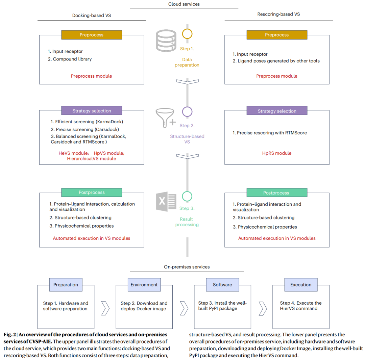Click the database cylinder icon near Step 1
click(166, 41)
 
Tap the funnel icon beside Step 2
click(165, 118)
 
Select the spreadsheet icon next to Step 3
click(166, 201)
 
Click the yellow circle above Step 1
click(187, 34)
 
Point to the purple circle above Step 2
click(187, 112)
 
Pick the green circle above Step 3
click(187, 196)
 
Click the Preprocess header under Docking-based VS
click(92, 35)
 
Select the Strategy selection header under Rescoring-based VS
click(277, 111)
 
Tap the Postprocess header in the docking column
click(92, 192)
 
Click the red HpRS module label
click(277, 153)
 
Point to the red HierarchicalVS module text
click(92, 159)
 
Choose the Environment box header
click(144, 285)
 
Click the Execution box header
click(301, 285)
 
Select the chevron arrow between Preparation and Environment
click(105, 308)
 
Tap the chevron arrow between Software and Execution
click(263, 308)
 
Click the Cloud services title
click(184, 4)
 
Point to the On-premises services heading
click(187, 267)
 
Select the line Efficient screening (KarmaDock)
click(87, 122)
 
